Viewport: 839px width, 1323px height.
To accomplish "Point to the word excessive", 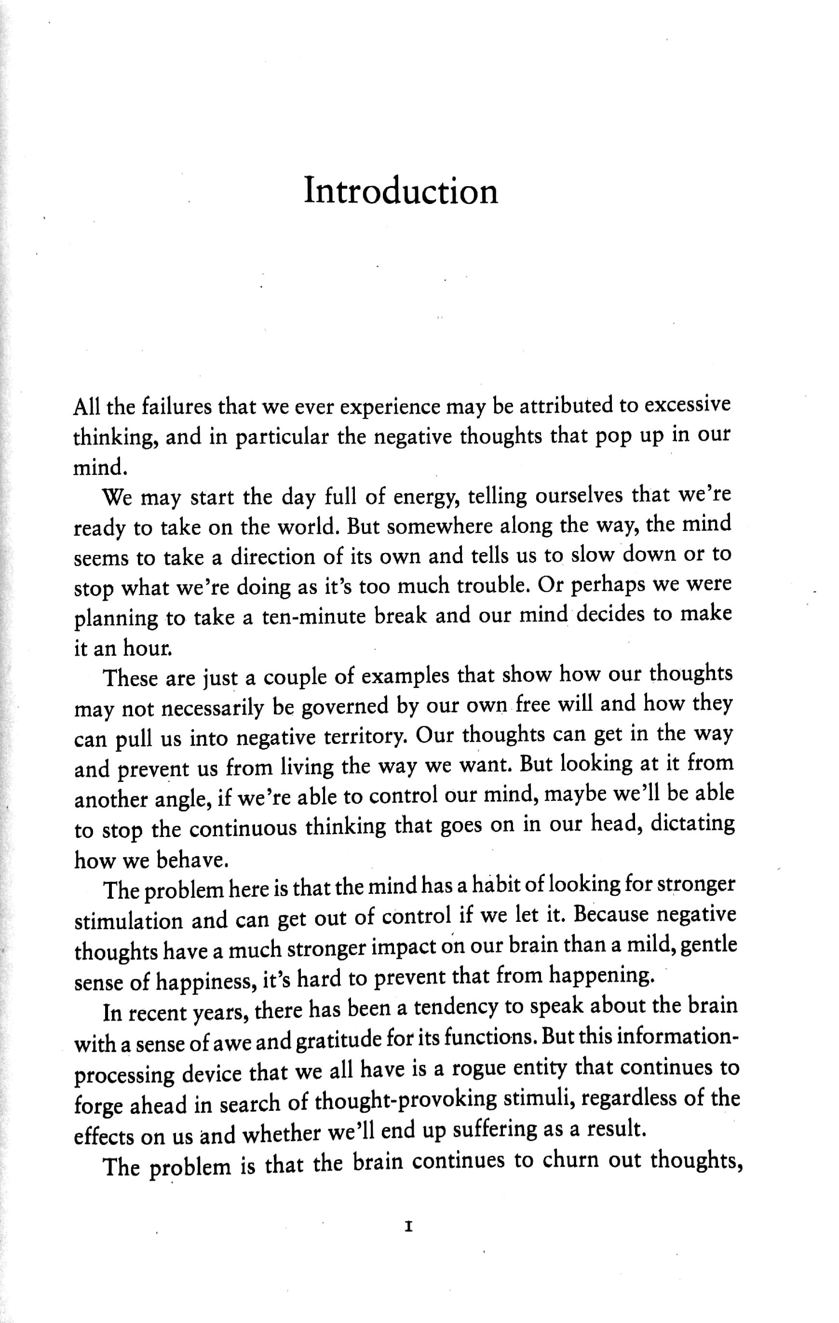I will [x=687, y=405].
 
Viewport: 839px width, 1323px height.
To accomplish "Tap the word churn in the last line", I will [x=570, y=1161].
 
